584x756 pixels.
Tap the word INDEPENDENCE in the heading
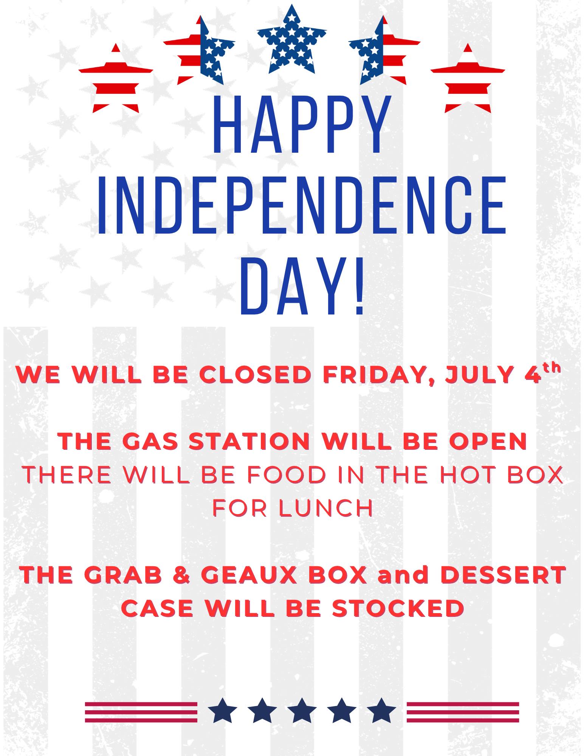click(x=301, y=204)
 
